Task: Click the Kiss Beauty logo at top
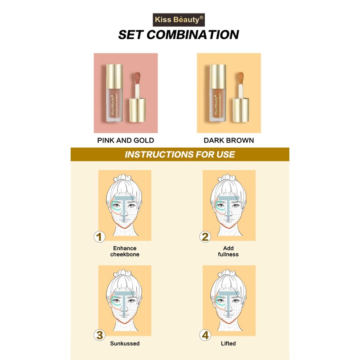click(179, 20)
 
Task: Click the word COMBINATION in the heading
click(193, 35)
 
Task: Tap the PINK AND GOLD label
click(126, 140)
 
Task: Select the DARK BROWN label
click(229, 140)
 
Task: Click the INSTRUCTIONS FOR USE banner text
click(180, 154)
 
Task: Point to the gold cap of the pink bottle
click(114, 76)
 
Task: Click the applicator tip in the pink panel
click(138, 78)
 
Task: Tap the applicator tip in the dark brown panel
click(241, 78)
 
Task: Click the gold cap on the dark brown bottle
click(218, 76)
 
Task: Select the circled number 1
click(99, 237)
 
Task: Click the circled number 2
click(205, 237)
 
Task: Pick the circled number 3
click(99, 335)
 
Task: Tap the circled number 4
click(205, 335)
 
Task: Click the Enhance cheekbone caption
click(125, 251)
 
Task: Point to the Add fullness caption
click(228, 251)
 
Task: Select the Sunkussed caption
click(125, 343)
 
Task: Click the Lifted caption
click(228, 343)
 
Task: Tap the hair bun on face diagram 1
click(123, 178)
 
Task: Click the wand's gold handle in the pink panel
click(138, 110)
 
